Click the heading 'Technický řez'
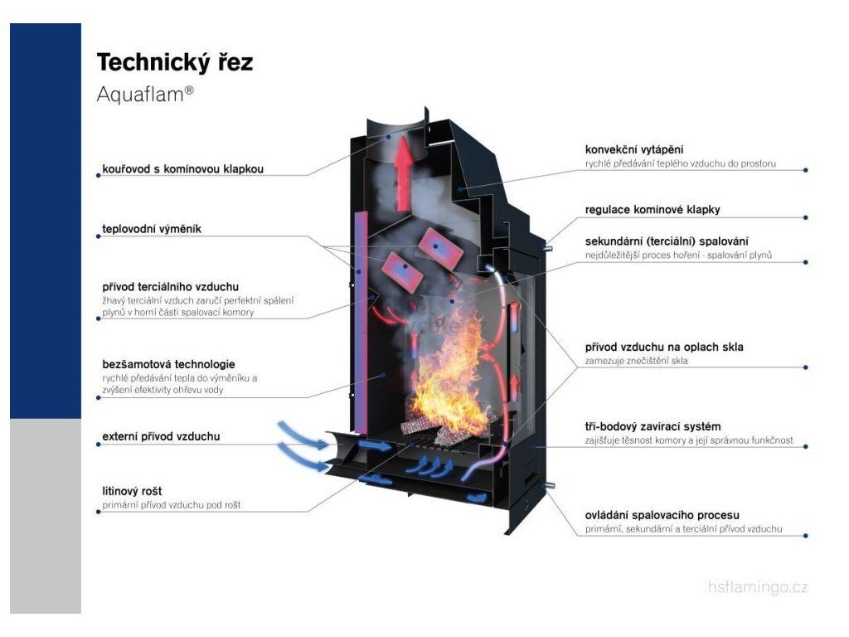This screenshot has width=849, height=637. point(175,62)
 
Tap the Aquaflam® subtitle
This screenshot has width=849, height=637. point(145,95)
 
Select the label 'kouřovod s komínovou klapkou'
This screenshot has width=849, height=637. point(183,169)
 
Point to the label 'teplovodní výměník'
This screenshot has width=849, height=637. point(152,229)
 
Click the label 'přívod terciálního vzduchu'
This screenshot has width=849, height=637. point(171,286)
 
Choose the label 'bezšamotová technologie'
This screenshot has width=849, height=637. point(168,364)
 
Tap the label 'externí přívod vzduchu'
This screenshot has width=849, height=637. point(162,436)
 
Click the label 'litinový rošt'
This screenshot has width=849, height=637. point(132,491)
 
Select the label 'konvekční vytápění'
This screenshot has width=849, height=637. point(634,149)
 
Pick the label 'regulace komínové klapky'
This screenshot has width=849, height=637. point(653,210)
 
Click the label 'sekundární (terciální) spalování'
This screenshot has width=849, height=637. point(667,241)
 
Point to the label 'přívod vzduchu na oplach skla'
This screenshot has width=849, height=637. point(664,347)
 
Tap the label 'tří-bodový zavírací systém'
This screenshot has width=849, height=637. point(653,426)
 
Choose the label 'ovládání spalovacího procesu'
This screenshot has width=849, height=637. point(662,514)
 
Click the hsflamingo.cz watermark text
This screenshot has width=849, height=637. point(758,586)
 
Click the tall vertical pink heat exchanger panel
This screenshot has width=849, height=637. point(361,323)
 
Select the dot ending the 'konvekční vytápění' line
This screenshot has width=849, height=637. point(806,170)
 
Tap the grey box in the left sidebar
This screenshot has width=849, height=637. point(46,516)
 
